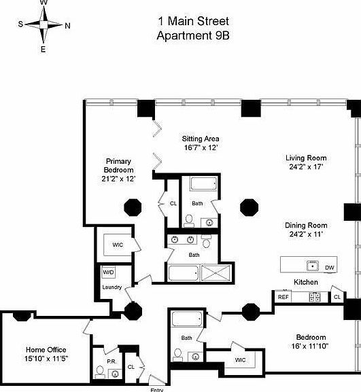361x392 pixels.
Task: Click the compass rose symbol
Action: pyautogui.click(x=44, y=25)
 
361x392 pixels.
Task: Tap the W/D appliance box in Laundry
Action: pyautogui.click(x=108, y=272)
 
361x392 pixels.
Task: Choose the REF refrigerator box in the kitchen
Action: pyautogui.click(x=283, y=297)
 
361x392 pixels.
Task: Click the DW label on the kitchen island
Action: pyautogui.click(x=329, y=268)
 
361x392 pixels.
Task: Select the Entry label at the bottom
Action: pyautogui.click(x=157, y=389)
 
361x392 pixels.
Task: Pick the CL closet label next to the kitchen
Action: pyautogui.click(x=337, y=297)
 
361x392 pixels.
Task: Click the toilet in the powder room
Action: pyautogui.click(x=100, y=371)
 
